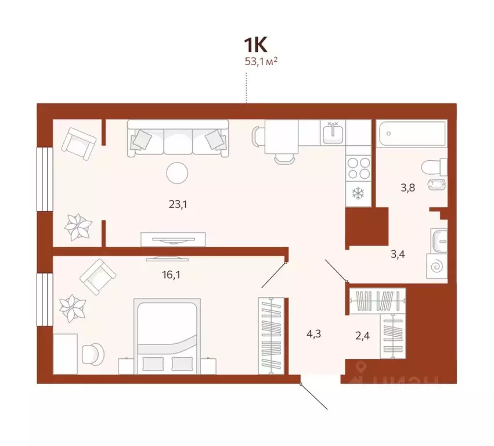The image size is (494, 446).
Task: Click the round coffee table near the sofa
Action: (x=176, y=173)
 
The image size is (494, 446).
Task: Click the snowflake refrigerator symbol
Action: (x=358, y=192)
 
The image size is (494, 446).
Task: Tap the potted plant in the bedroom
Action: (x=74, y=308)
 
